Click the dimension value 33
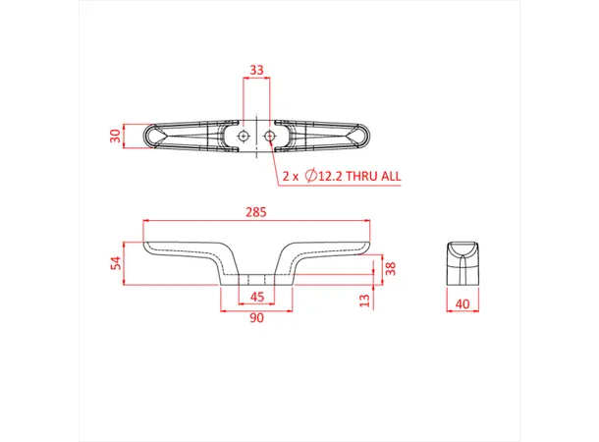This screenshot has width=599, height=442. coord(256,70)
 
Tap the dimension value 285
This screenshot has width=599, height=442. coord(256,211)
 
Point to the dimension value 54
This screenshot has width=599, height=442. coord(115,262)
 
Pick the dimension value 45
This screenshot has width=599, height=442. coord(256,297)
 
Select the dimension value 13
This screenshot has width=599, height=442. coord(364,299)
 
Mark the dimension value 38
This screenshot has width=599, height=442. coord(390,268)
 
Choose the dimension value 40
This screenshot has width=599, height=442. coord(462,304)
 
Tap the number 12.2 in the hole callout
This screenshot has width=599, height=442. coord(329,177)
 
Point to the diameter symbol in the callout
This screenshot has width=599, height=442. coord(309,177)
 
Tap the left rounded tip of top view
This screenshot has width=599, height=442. coord(149,137)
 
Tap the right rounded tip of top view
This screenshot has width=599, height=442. coord(363,137)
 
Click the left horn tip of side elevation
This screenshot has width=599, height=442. coord(147,245)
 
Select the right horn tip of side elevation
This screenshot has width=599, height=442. coord(365,245)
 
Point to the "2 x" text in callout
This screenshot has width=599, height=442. coord(290,177)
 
